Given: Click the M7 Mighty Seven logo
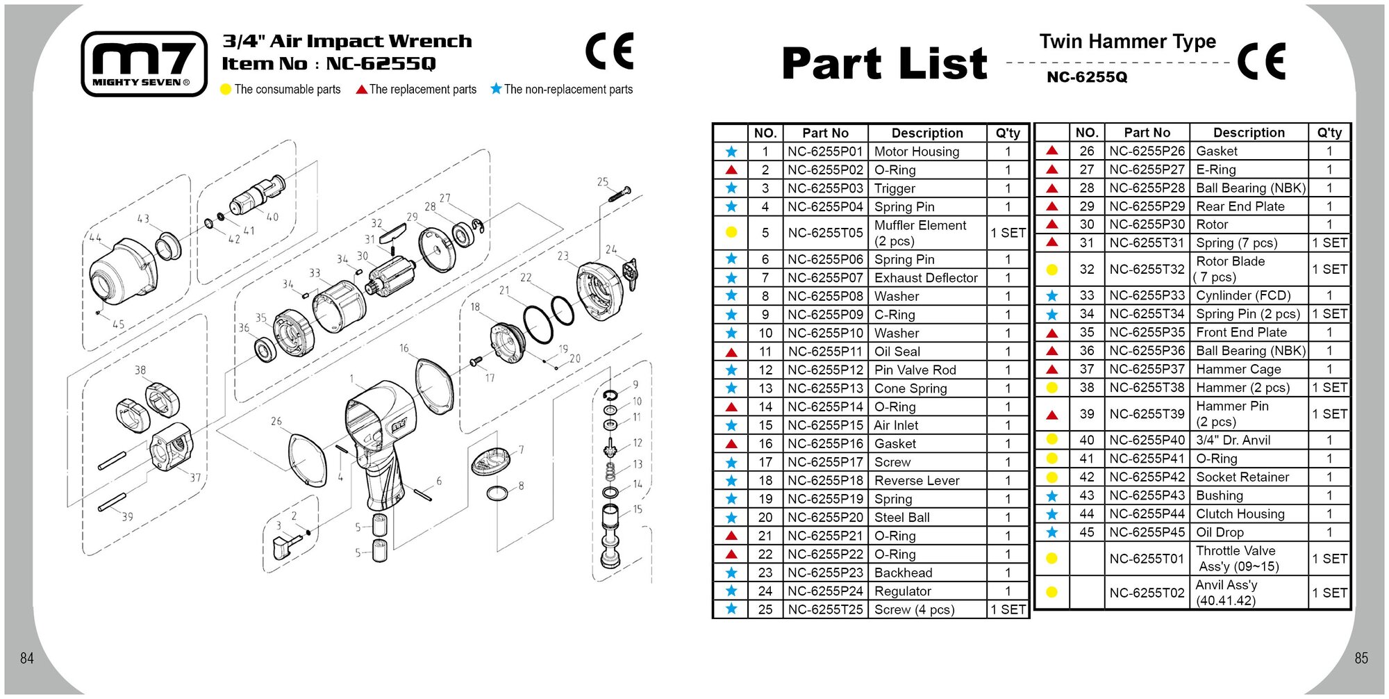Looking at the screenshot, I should pyautogui.click(x=144, y=63).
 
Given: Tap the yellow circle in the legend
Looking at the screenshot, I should pyautogui.click(x=226, y=90).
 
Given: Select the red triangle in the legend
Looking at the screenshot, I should pyautogui.click(x=361, y=90).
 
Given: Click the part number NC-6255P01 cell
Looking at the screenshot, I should pyautogui.click(x=825, y=151).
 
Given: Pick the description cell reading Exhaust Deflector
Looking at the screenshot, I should pyautogui.click(x=926, y=278).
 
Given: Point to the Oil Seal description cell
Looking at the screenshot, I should pyautogui.click(x=897, y=352).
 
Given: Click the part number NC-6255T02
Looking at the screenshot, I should pyautogui.click(x=1147, y=593).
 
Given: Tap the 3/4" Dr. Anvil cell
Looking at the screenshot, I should pyautogui.click(x=1233, y=440).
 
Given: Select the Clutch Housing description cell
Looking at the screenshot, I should pyautogui.click(x=1240, y=513).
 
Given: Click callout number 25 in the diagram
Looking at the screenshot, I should pyautogui.click(x=603, y=182).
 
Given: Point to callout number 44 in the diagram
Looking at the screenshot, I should pyautogui.click(x=95, y=238).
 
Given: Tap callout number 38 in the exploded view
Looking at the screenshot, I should pyautogui.click(x=140, y=370).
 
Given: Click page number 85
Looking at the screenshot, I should pyautogui.click(x=1361, y=658).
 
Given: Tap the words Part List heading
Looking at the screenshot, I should pyautogui.click(x=884, y=64).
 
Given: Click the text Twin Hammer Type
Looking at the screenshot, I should pyautogui.click(x=1127, y=42).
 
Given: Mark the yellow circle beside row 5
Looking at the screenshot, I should pyautogui.click(x=731, y=233).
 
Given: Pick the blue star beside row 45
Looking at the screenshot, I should pyautogui.click(x=1052, y=532).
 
